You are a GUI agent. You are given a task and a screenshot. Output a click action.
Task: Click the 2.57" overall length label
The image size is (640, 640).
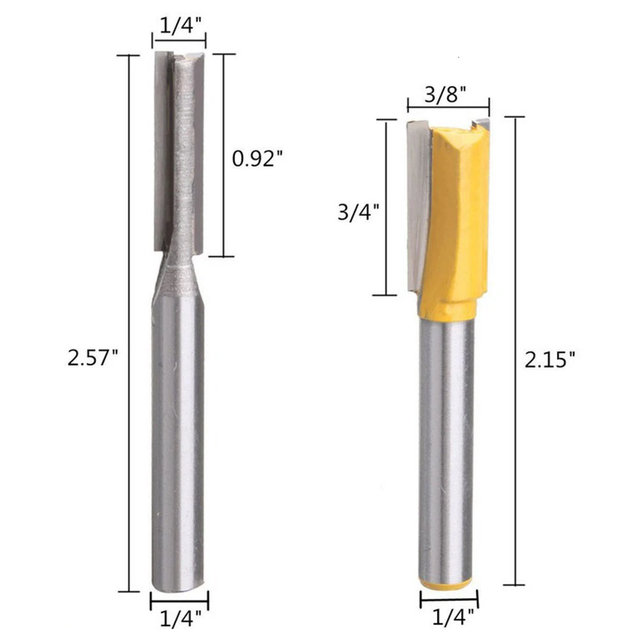(93, 357)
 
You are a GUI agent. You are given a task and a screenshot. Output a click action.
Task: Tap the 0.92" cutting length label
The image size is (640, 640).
(257, 159)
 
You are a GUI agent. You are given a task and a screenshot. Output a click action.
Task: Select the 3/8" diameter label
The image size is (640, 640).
(446, 95)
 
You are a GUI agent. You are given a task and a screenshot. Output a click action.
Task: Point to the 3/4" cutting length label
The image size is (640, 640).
(359, 212)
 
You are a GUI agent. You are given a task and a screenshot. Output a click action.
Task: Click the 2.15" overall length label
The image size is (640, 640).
(549, 360)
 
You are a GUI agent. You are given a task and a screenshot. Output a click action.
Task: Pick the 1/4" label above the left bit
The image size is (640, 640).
(181, 26)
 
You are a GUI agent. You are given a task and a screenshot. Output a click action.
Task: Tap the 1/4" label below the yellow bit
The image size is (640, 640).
(453, 618)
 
